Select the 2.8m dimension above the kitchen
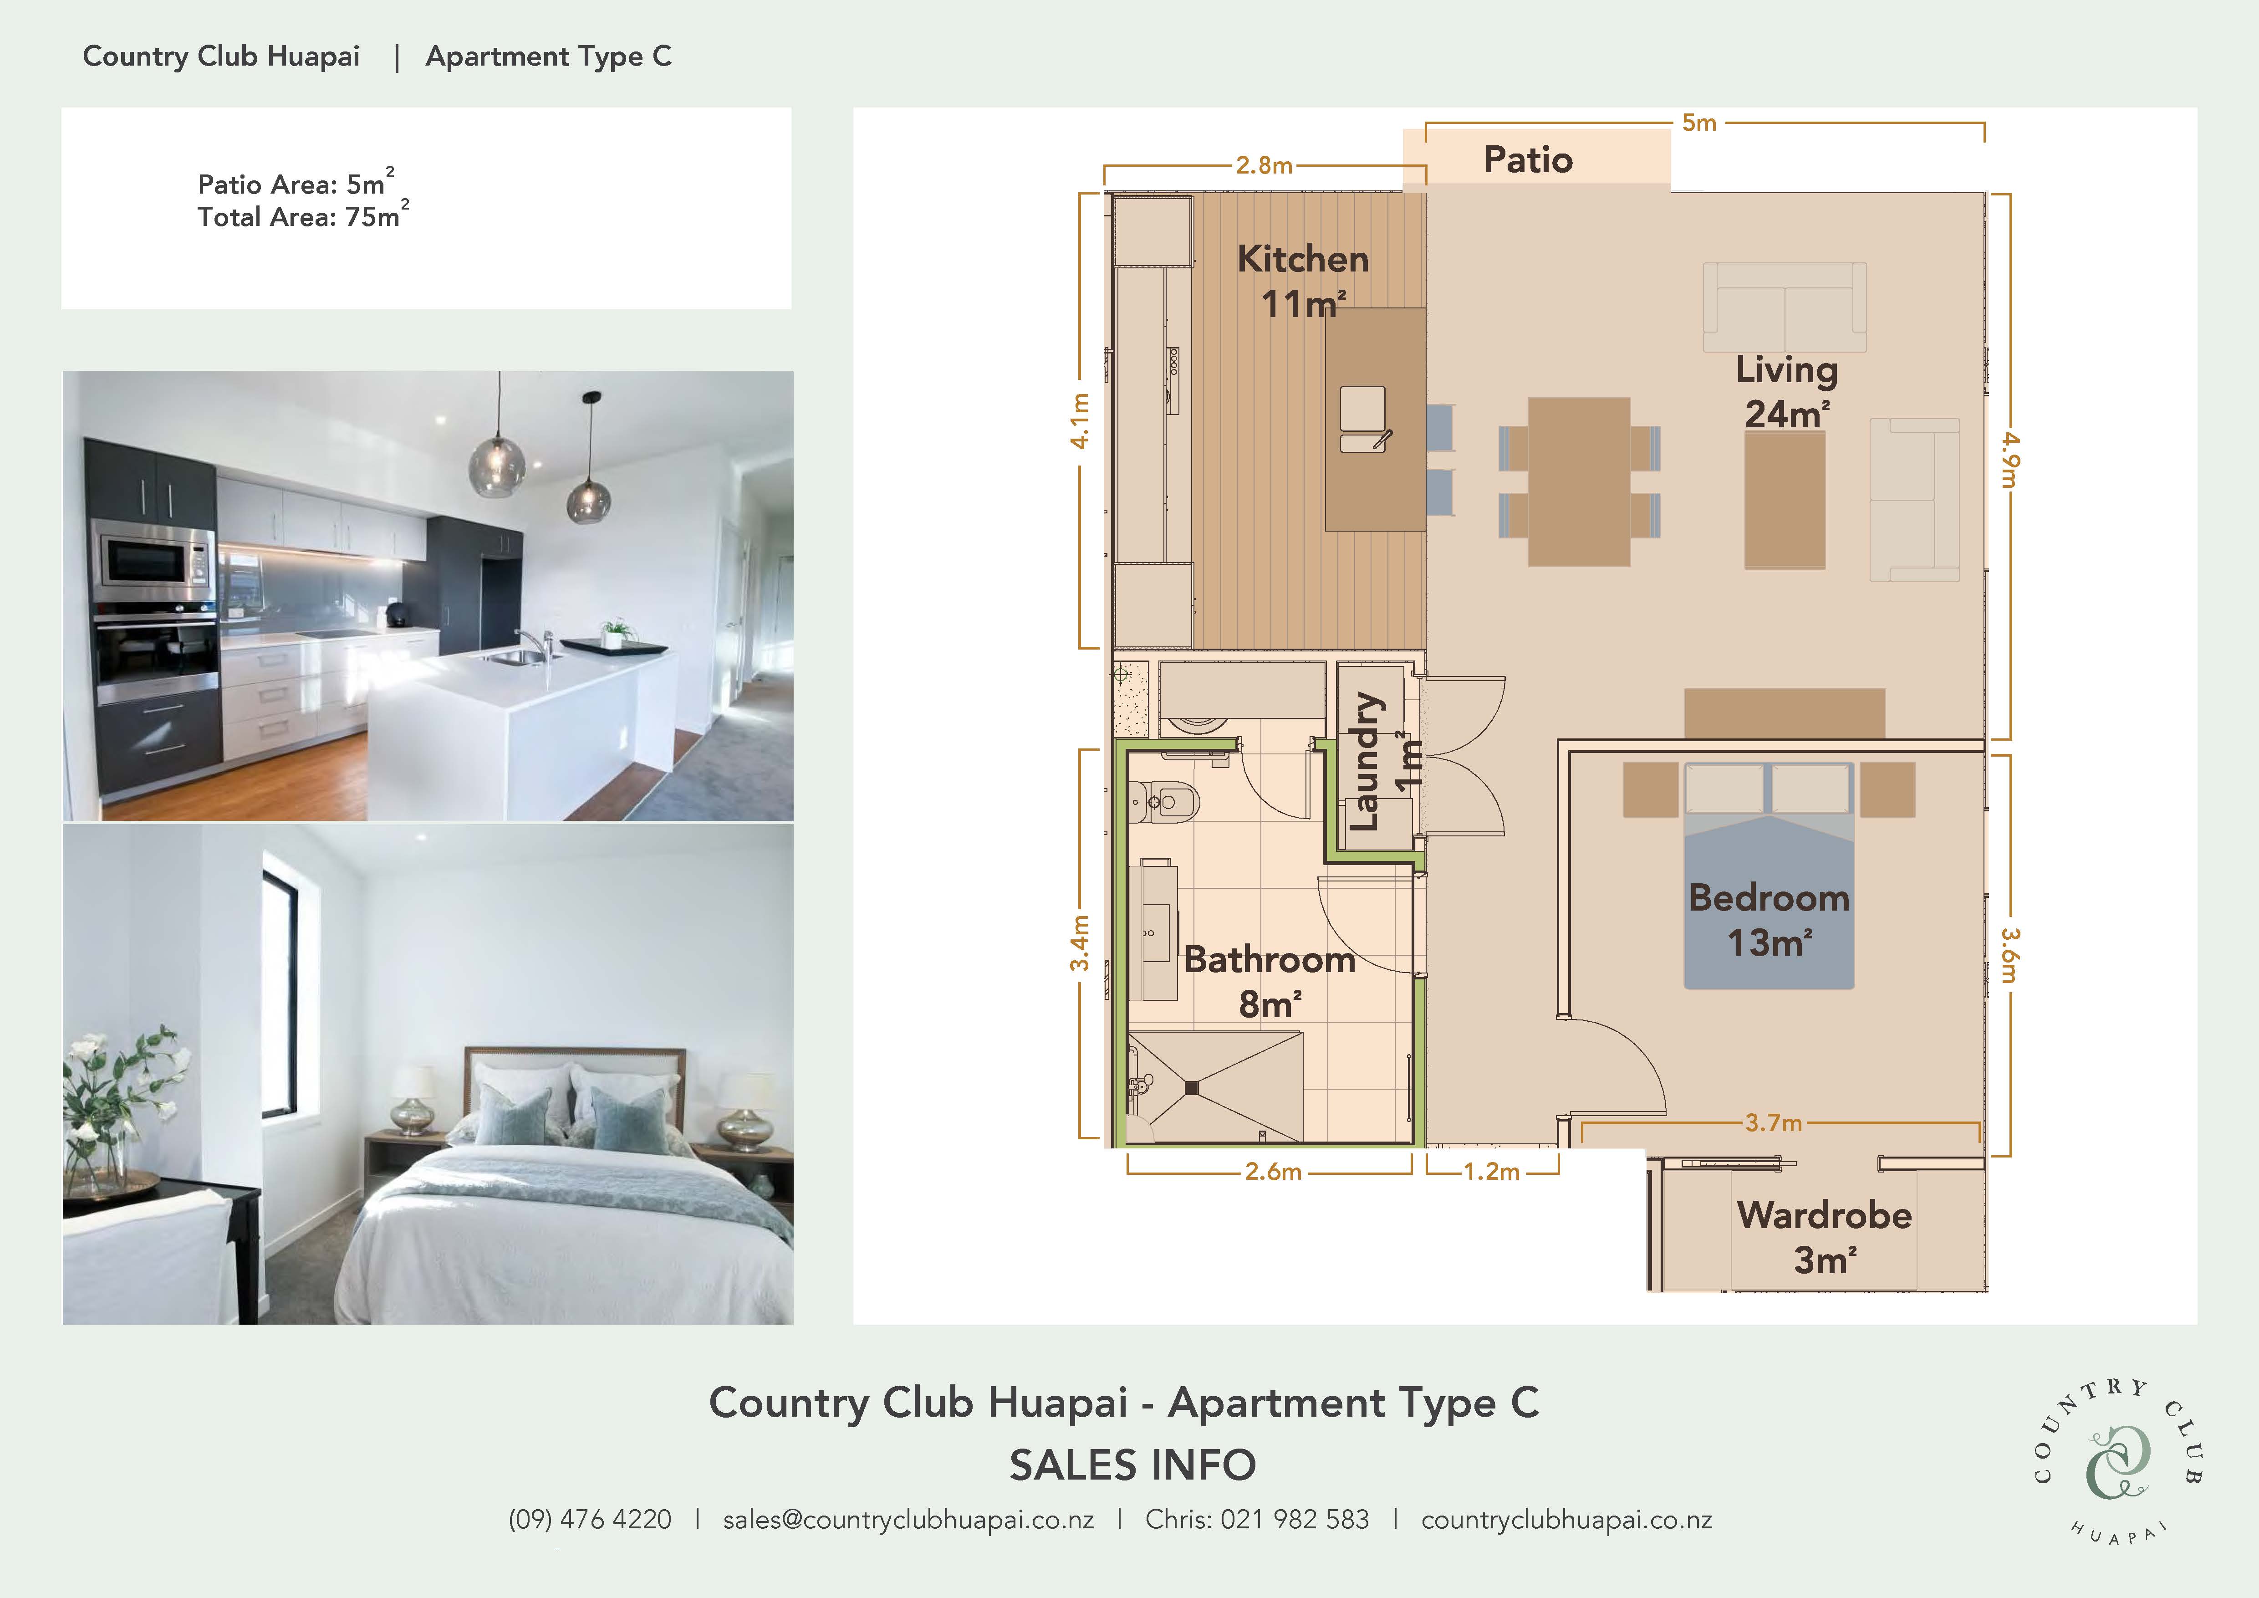(1265, 165)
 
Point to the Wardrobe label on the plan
(1824, 1215)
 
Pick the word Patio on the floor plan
(1528, 159)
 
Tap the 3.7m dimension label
(1773, 1123)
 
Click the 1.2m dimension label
(1492, 1171)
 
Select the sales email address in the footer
(908, 1520)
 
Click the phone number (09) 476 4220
(589, 1520)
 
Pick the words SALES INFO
(1132, 1465)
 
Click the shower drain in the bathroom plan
(1193, 1087)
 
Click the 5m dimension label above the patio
(1699, 123)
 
